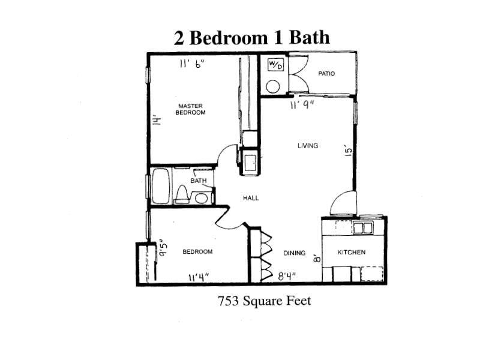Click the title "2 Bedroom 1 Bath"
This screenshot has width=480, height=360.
tap(251, 37)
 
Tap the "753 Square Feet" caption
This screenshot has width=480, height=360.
tap(264, 301)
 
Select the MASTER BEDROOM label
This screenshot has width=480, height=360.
tap(190, 109)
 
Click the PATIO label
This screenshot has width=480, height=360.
tap(326, 74)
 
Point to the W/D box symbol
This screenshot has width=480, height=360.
tap(275, 65)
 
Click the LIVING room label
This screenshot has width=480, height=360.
tap(307, 146)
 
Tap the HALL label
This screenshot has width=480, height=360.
tap(251, 198)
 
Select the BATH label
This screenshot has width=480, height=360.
tap(199, 180)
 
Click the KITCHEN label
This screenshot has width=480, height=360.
tap(352, 252)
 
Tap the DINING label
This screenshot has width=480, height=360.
tap(295, 253)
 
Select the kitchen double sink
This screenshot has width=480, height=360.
tap(362, 228)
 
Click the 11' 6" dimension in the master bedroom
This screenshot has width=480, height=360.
tap(191, 64)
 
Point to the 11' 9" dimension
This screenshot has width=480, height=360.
tap(302, 106)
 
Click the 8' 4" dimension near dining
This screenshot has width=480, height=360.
tap(287, 277)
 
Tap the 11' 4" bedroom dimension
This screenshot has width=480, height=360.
tap(199, 277)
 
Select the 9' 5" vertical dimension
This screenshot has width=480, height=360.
tap(163, 248)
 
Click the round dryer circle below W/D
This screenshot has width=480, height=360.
tap(273, 85)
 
